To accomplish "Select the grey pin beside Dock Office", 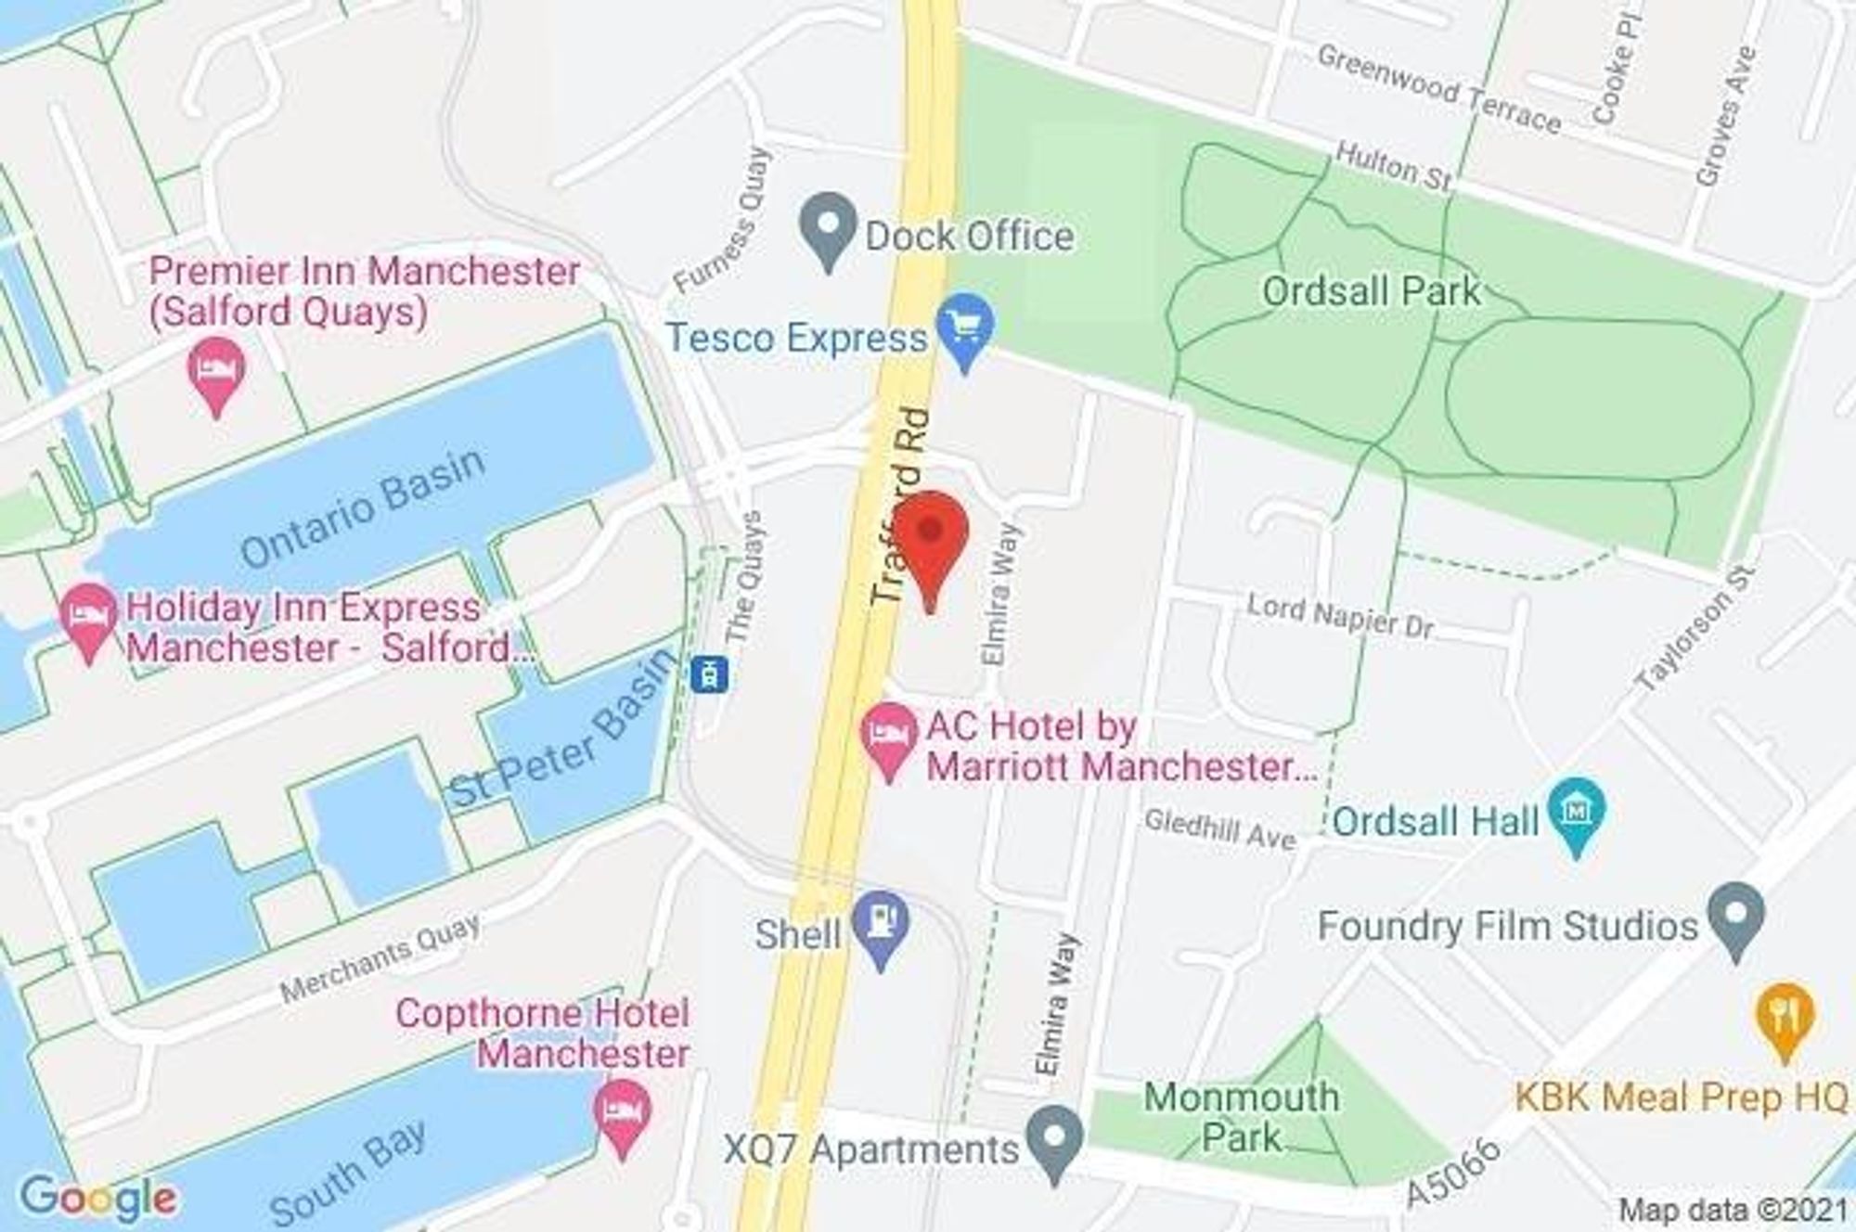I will pos(828,227).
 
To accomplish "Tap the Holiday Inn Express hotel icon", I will pos(88,617).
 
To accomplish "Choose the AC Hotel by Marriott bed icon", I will pos(889,738).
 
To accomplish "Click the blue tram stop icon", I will pos(710,674).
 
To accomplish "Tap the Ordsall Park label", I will pos(1371,292).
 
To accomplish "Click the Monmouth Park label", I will pos(1242,1117).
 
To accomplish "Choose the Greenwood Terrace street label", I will pos(1438,89).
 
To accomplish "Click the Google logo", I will pos(97,1198).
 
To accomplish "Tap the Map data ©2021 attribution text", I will pos(1734,1210).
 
